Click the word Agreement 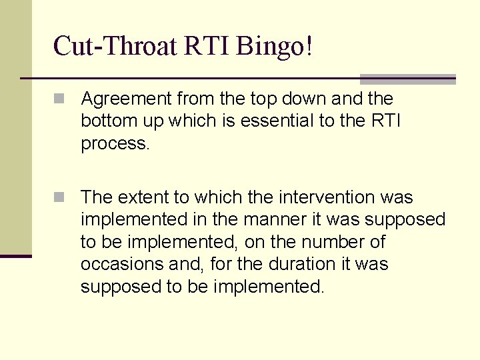point(125,99)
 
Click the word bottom point(103,121)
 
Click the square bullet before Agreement point(60,99)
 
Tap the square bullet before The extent point(60,198)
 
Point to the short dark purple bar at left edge point(16,256)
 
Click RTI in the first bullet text point(385,121)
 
